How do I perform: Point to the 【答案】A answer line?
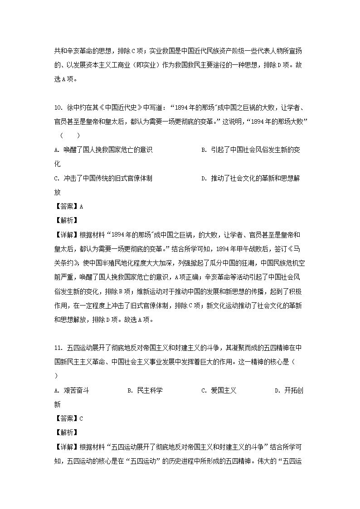coord(68,206)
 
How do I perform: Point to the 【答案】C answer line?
coord(68,418)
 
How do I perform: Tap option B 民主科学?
coord(145,390)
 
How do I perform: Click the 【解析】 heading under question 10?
coord(66,220)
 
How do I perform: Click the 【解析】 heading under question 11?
coord(66,432)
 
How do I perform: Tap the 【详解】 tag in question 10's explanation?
coord(66,235)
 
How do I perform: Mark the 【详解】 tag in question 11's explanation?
coord(66,447)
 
